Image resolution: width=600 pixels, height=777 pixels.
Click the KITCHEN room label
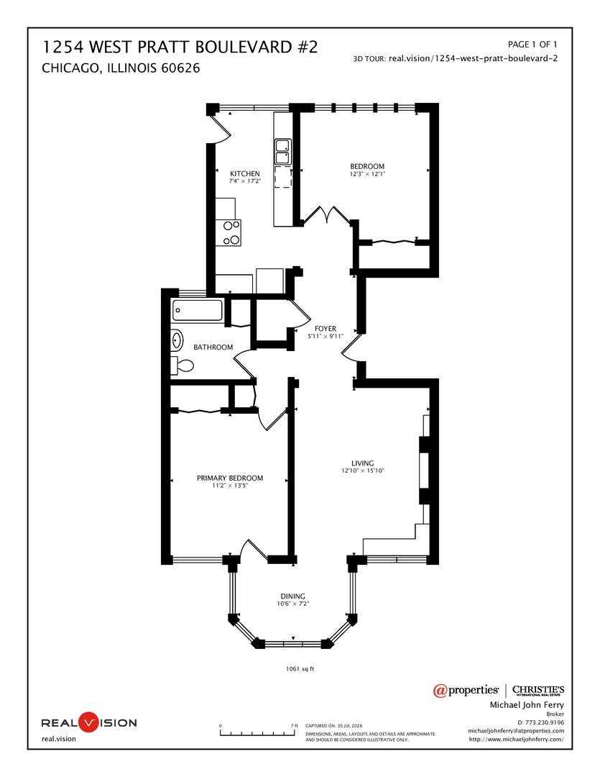coord(244,173)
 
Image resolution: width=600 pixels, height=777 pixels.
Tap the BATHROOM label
coord(213,347)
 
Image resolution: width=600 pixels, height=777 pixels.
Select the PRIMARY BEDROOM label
coord(230,478)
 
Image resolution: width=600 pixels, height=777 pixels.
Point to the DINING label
coord(292,596)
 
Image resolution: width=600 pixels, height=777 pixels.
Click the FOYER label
coord(326,329)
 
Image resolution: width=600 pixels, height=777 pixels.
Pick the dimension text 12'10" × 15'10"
coord(363,471)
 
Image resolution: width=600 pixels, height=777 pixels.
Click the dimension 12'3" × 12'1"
coord(367,174)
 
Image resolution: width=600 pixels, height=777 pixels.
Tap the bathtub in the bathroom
coord(198,311)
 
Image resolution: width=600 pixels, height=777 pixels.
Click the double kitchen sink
coord(283,152)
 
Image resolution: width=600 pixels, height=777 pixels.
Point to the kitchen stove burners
coord(231,233)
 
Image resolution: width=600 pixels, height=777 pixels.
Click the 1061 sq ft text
coord(300,668)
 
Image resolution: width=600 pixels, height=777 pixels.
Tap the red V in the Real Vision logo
coord(89,722)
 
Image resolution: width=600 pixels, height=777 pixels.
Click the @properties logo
coord(466,690)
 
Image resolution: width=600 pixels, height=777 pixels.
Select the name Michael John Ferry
coord(527,704)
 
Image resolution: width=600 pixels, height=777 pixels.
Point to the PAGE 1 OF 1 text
coord(532,44)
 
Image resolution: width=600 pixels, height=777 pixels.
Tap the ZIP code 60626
coord(180,68)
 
